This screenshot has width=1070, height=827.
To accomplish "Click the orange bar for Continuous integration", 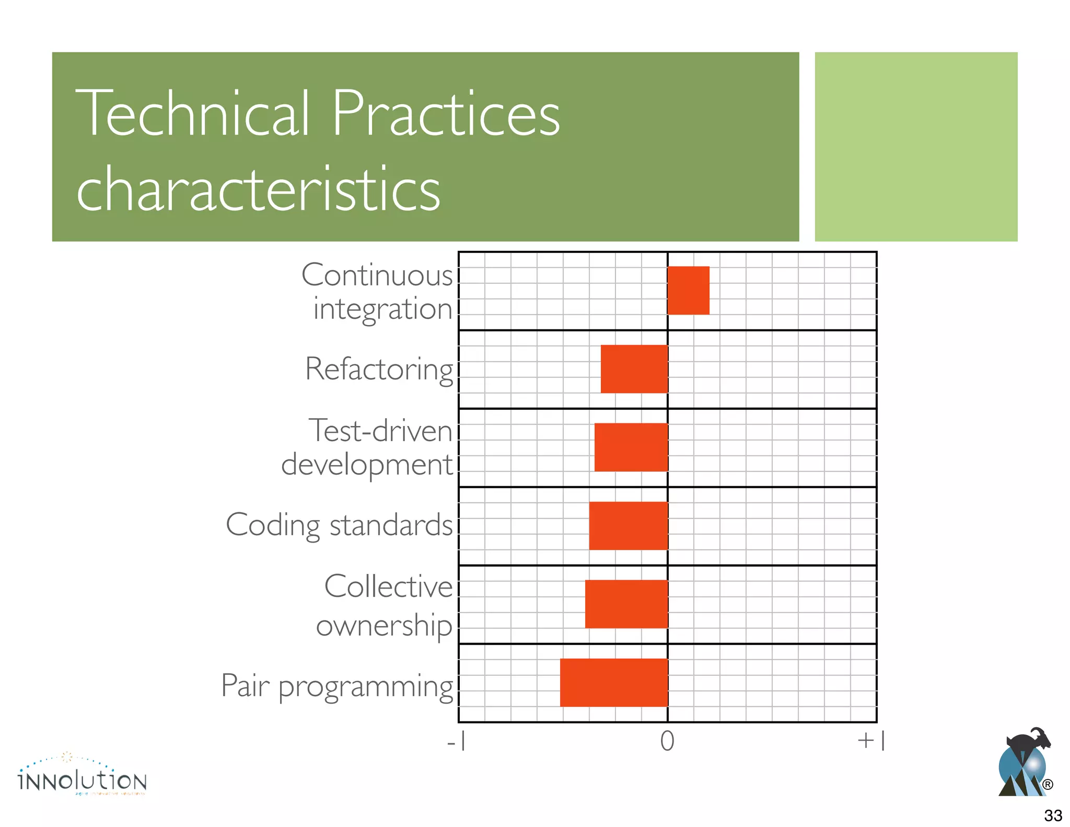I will (x=688, y=290).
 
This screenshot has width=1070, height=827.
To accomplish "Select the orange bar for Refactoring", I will (x=634, y=369).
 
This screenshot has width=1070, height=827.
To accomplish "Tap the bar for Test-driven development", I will (x=631, y=447).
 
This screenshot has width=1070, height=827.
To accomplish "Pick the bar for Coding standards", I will (x=628, y=525).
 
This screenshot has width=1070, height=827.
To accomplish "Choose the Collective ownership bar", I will (x=626, y=604).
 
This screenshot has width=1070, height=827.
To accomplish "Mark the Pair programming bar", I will (x=613, y=682).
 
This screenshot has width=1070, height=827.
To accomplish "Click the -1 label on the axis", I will (x=457, y=741).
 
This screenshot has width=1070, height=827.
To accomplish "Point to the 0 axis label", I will (x=667, y=741).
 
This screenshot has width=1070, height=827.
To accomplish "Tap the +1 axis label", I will (x=871, y=741).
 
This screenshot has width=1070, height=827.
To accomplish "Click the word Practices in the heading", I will (x=445, y=113).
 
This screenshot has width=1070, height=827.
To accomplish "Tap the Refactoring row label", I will (x=379, y=369).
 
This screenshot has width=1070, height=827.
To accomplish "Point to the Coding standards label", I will (x=339, y=525).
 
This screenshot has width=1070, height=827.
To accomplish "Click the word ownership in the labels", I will (x=384, y=625).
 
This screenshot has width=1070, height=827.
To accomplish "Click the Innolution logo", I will (x=82, y=776).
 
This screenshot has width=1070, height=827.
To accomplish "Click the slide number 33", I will (x=1053, y=815).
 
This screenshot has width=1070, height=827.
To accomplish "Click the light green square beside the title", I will (x=916, y=146).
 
